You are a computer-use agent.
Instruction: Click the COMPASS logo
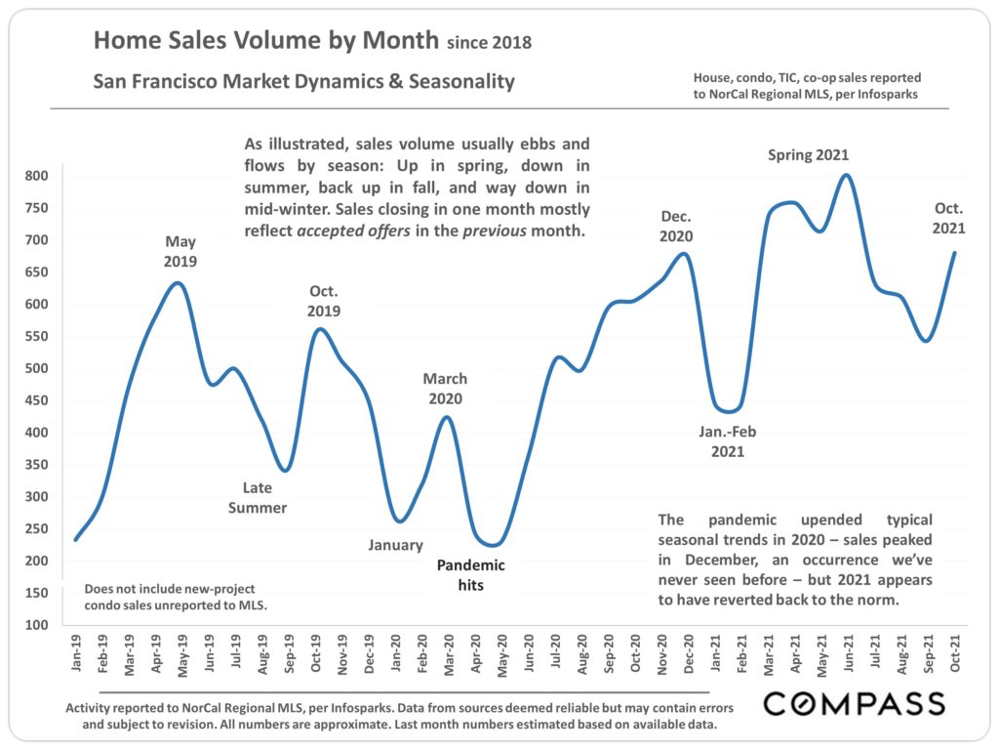click(854, 703)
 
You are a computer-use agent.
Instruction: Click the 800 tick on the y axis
click(36, 176)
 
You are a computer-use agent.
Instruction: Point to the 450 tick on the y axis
click(36, 433)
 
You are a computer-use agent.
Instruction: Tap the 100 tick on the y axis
click(36, 624)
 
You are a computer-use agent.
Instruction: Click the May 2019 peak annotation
click(180, 251)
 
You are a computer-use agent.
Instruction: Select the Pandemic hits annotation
click(471, 575)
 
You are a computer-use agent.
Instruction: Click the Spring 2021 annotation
click(809, 154)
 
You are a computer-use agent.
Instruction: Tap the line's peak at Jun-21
click(846, 176)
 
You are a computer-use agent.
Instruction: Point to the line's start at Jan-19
click(76, 539)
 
